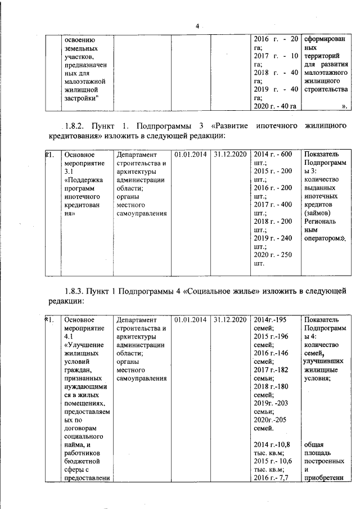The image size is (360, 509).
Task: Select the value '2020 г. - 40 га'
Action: coord(275,106)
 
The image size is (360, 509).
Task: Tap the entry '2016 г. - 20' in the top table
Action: coord(276,39)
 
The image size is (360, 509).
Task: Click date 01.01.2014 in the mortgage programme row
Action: coord(191,154)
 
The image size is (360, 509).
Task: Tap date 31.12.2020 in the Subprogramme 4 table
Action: coord(231,319)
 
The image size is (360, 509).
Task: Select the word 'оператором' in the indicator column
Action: coord(322,238)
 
